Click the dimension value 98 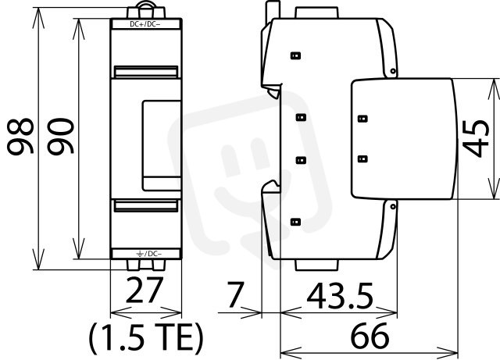[20, 137]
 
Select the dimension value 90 [60, 137]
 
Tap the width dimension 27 [145, 290]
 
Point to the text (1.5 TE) [146, 338]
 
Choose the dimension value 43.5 [340, 296]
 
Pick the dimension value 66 [370, 336]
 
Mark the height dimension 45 [476, 138]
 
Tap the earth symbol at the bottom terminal [140, 254]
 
